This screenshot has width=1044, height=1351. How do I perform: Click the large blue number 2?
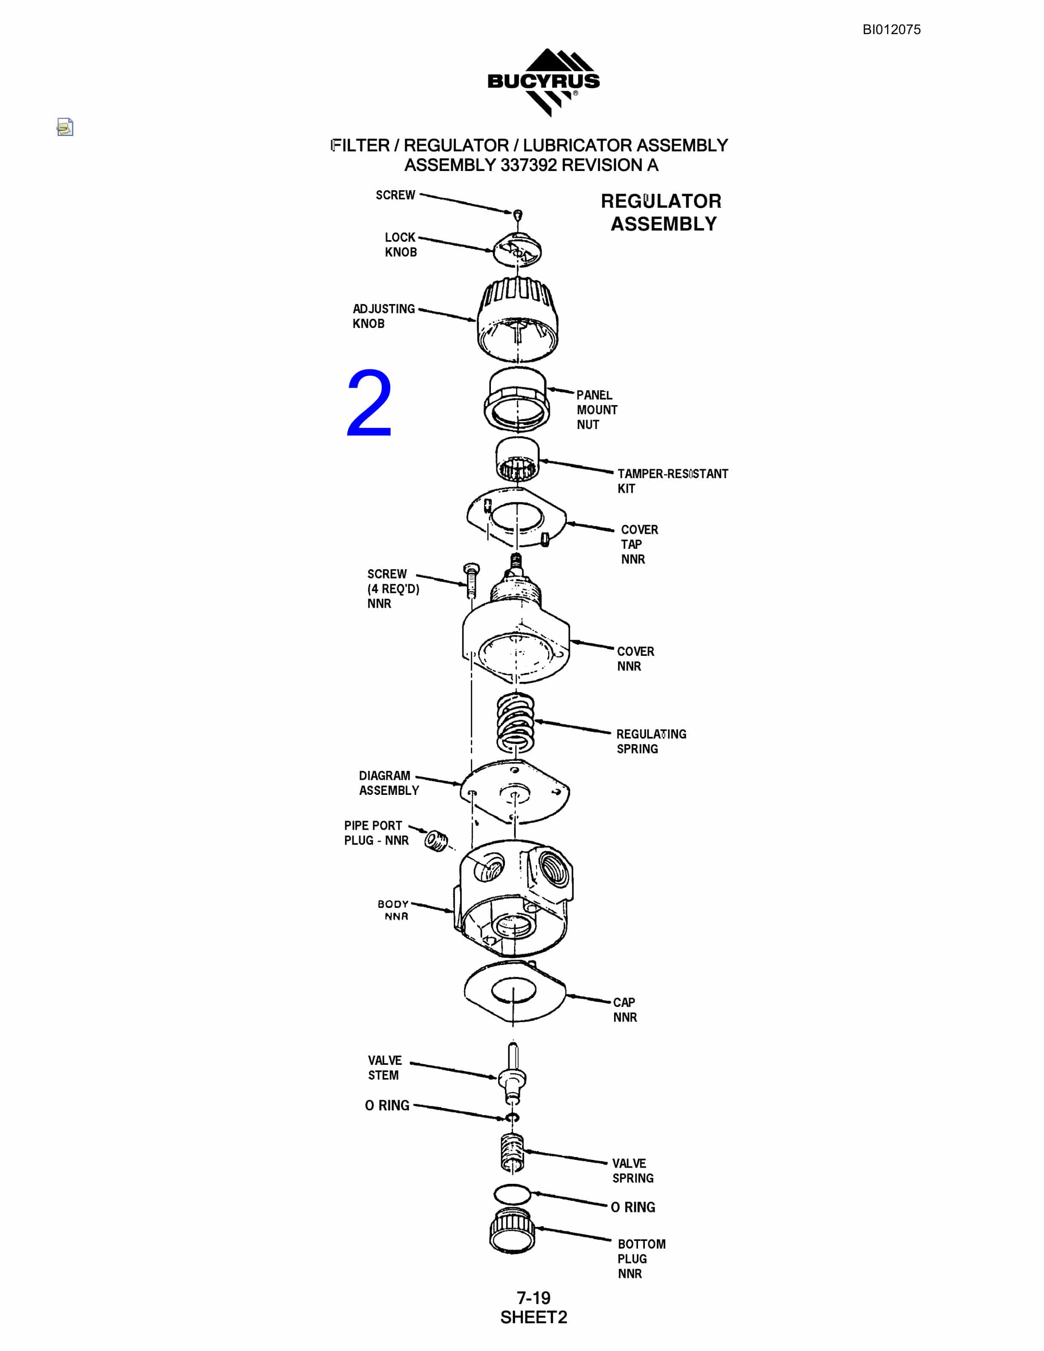point(369,403)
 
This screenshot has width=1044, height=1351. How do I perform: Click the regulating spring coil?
point(516,722)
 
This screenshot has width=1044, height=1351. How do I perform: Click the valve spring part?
point(513,1152)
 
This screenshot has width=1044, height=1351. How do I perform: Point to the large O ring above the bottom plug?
point(512,1193)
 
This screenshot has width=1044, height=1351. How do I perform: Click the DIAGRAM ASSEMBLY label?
point(389,783)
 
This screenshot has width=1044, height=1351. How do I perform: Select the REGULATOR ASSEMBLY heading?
point(662,212)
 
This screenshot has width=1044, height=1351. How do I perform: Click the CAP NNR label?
point(625,1009)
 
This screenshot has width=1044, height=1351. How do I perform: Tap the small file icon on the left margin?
point(65,127)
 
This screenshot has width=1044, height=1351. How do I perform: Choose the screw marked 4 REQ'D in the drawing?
point(471,580)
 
